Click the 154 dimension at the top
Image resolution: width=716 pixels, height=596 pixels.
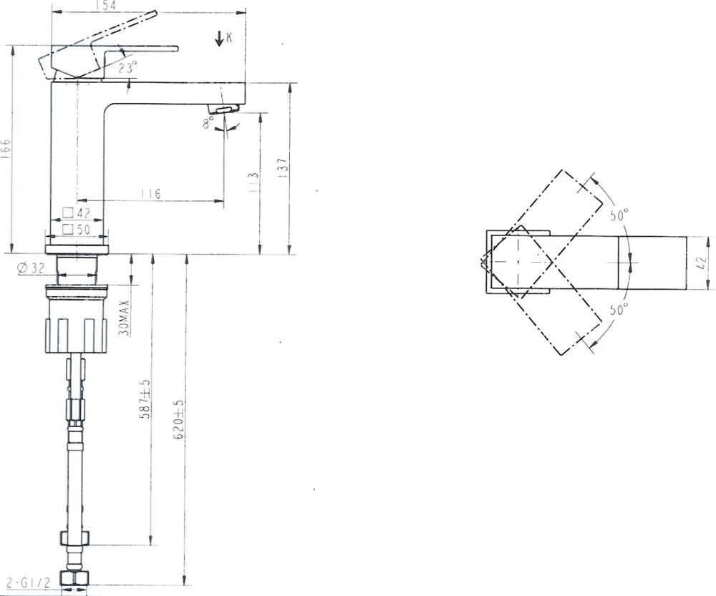[x=106, y=5]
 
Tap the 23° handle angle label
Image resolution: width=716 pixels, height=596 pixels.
[x=128, y=68]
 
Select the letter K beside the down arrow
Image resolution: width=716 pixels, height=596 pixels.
[x=229, y=37]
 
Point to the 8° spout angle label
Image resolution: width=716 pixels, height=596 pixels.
[x=208, y=122]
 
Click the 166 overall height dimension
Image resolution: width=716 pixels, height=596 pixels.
[x=5, y=149]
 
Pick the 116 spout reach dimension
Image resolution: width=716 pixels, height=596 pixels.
[x=150, y=193]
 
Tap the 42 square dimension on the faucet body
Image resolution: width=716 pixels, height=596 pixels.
[x=77, y=212]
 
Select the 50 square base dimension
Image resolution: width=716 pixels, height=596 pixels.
[x=77, y=229]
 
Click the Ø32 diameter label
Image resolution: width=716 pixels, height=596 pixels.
[x=31, y=268]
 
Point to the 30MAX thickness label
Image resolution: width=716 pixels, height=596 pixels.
[x=124, y=318]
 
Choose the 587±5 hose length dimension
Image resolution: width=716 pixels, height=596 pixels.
[x=145, y=399]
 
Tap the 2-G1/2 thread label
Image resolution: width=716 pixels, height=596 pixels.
[x=28, y=582]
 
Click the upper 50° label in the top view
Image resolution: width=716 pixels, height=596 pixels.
[x=619, y=215]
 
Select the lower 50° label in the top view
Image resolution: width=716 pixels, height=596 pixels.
[x=619, y=309]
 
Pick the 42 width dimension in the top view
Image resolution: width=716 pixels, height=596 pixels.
[x=702, y=263]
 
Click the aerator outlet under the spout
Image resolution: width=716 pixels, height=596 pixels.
[x=223, y=109]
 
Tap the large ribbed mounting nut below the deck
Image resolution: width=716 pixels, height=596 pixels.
[x=77, y=318]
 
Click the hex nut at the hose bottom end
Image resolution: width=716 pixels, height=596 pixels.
[x=74, y=579]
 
